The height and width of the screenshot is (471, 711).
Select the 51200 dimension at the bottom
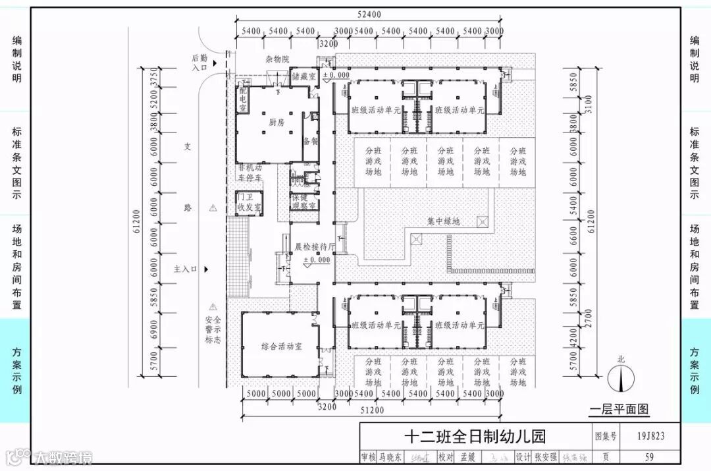pos(371,410)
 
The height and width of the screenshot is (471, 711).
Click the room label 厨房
pos(276,123)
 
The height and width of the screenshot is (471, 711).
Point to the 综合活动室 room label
pos(281,346)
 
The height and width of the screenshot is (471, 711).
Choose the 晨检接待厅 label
pos(315,247)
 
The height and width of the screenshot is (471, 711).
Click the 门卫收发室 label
pos(249,202)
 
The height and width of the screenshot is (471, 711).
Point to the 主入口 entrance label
pos(185,269)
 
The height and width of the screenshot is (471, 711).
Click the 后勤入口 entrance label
pos(199,63)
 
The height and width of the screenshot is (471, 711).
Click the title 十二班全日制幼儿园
pos(475,437)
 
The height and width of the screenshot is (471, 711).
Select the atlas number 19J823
pos(650,435)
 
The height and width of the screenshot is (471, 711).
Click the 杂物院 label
pos(277,59)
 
